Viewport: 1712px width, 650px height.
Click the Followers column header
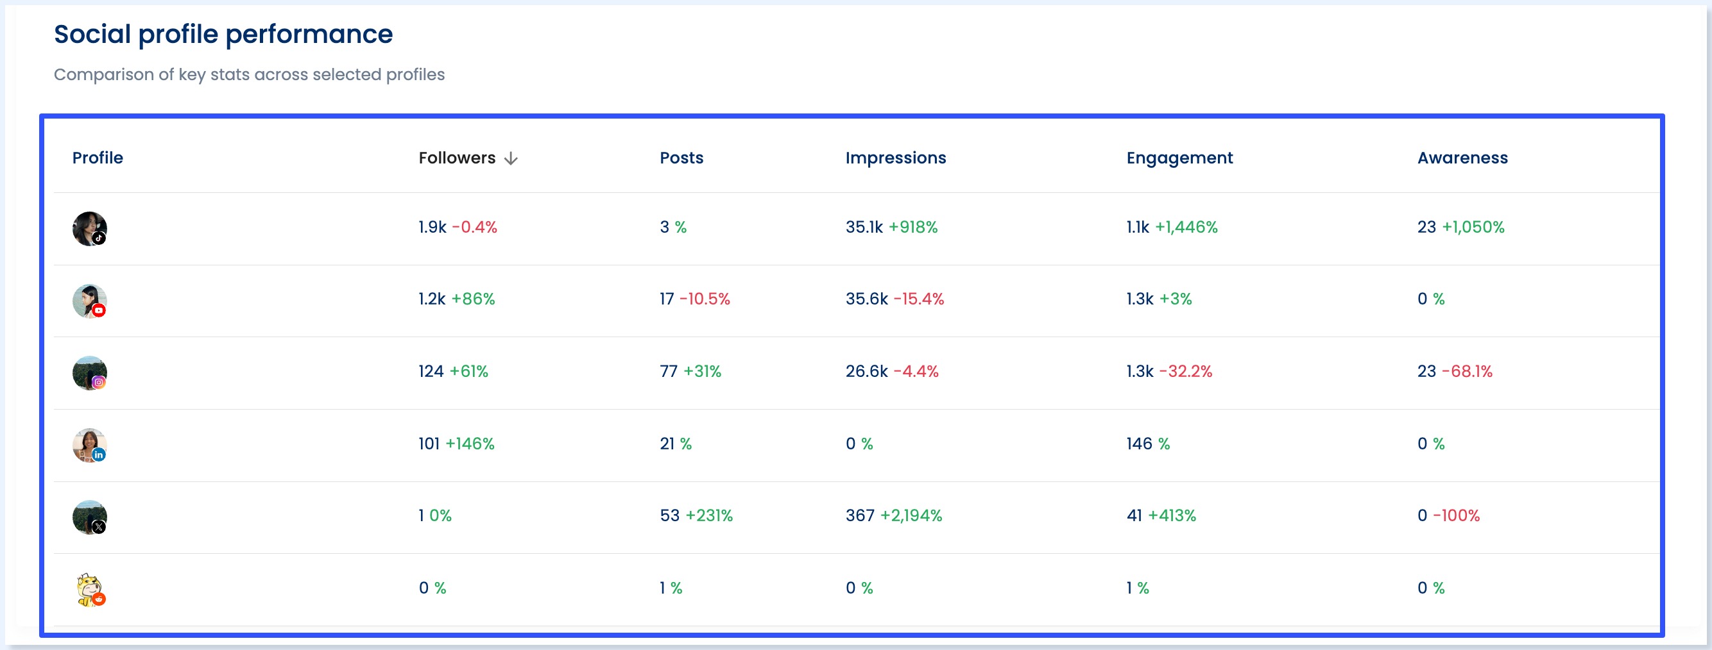457,158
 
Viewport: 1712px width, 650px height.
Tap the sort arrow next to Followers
510,159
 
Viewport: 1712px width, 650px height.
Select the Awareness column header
1462,158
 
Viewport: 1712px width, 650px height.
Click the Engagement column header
1179,158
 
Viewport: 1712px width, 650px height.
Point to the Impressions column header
895,158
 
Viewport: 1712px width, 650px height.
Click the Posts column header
681,158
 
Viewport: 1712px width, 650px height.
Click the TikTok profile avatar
90,229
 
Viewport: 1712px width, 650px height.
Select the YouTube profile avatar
90,301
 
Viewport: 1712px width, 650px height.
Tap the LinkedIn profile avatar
90,446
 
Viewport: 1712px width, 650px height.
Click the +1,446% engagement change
1186,227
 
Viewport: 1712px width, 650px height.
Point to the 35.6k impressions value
866,299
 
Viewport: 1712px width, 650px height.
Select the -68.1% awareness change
1467,371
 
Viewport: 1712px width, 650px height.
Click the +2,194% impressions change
911,515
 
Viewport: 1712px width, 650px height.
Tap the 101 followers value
429,444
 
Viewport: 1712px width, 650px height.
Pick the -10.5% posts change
705,299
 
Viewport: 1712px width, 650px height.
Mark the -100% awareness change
1455,515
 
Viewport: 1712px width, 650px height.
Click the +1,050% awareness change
1473,227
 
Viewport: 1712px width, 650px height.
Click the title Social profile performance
223,34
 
